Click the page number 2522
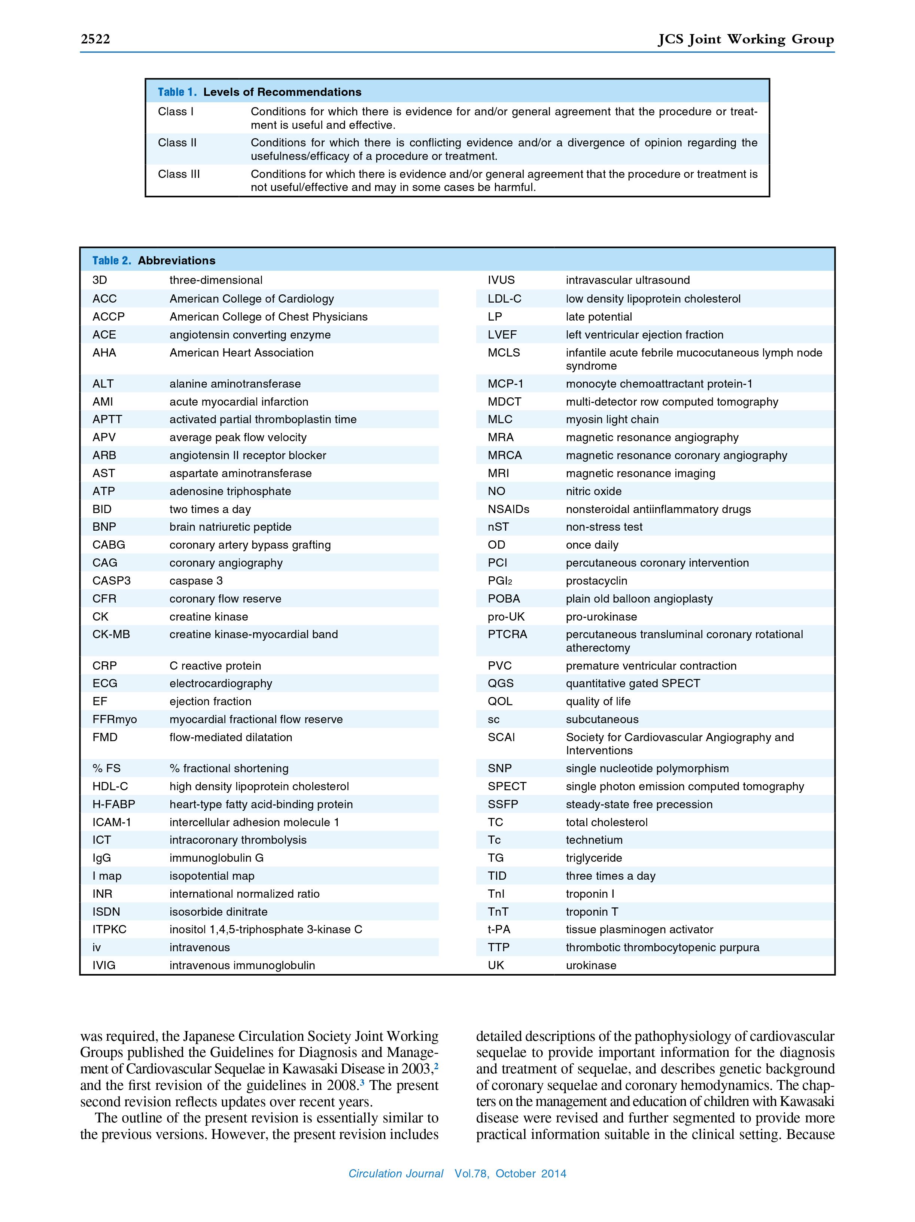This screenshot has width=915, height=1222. pyautogui.click(x=95, y=39)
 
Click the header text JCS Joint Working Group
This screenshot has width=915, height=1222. pyautogui.click(x=745, y=39)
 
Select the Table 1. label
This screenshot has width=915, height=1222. pyautogui.click(x=177, y=92)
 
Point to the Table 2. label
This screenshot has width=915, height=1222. pyautogui.click(x=112, y=261)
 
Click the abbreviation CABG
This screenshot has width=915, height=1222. pyautogui.click(x=109, y=545)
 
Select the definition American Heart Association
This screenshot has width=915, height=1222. pyautogui.click(x=241, y=352)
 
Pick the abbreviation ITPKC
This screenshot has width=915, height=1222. pyautogui.click(x=109, y=929)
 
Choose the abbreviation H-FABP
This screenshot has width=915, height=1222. pyautogui.click(x=114, y=804)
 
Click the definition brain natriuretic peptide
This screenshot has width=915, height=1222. pyautogui.click(x=230, y=527)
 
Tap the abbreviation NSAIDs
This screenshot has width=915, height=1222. pyautogui.click(x=508, y=509)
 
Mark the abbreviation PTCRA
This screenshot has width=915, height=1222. pyautogui.click(x=507, y=634)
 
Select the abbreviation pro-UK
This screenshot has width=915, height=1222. pyautogui.click(x=506, y=616)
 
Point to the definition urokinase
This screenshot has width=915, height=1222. pyautogui.click(x=591, y=965)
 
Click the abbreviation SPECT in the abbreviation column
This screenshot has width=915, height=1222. pyautogui.click(x=507, y=786)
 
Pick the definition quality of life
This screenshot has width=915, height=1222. pyautogui.click(x=598, y=701)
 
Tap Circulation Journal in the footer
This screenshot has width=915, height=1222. pyautogui.click(x=395, y=1173)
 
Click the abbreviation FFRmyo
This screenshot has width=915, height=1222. pyautogui.click(x=114, y=719)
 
